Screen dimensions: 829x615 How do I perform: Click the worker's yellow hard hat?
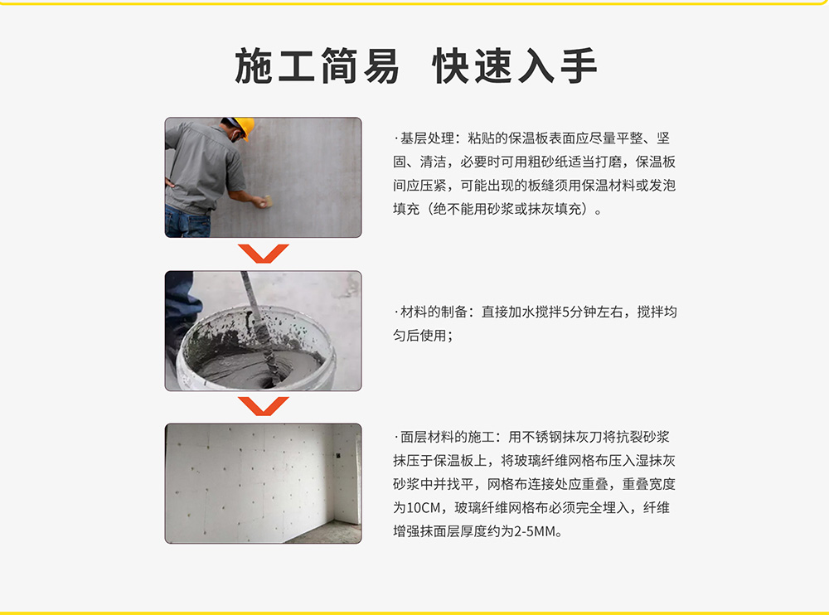[244, 127]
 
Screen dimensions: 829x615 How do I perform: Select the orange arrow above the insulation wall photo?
[264, 406]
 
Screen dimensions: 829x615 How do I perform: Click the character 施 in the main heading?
[254, 66]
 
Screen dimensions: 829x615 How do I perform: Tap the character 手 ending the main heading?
[579, 66]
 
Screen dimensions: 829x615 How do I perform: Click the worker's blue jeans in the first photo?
[187, 221]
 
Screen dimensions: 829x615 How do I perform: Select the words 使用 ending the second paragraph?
[434, 336]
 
